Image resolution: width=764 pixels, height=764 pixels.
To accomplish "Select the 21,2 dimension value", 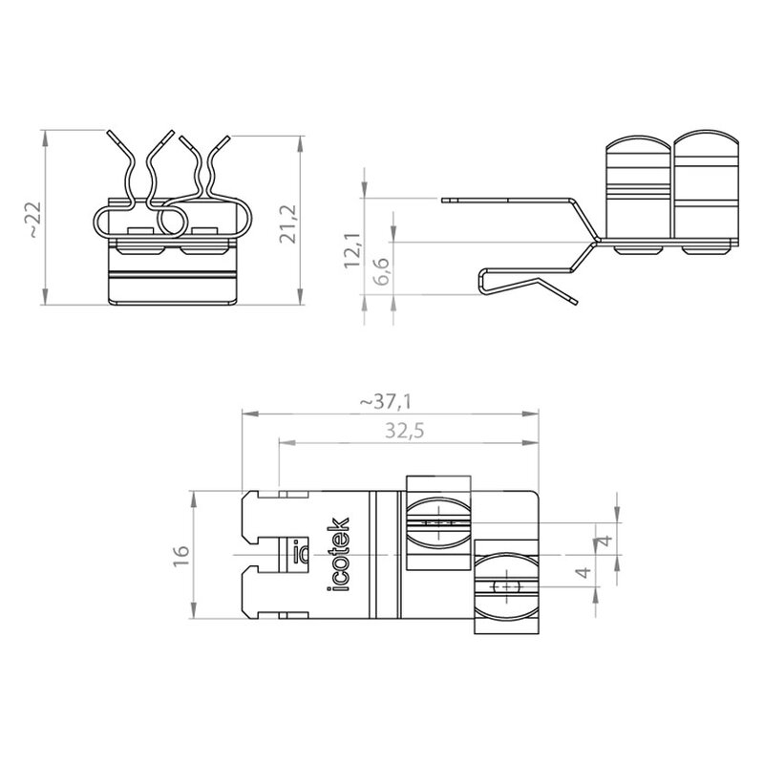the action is coord(287,224).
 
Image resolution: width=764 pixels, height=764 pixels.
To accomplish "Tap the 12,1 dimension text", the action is coord(351,250).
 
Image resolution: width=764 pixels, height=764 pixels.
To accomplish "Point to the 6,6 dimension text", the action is coord(382,271).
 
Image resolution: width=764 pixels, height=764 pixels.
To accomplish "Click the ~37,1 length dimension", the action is coord(386,402).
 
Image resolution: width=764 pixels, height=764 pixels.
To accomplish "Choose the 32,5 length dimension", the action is coord(405,431).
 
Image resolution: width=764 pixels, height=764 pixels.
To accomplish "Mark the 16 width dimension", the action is coord(180,555).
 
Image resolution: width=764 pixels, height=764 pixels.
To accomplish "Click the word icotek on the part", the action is coord(338,555).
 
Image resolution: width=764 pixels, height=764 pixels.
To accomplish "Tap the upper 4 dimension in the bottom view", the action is coord(605,541).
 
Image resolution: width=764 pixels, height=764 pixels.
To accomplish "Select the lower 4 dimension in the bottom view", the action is coord(584,571).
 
